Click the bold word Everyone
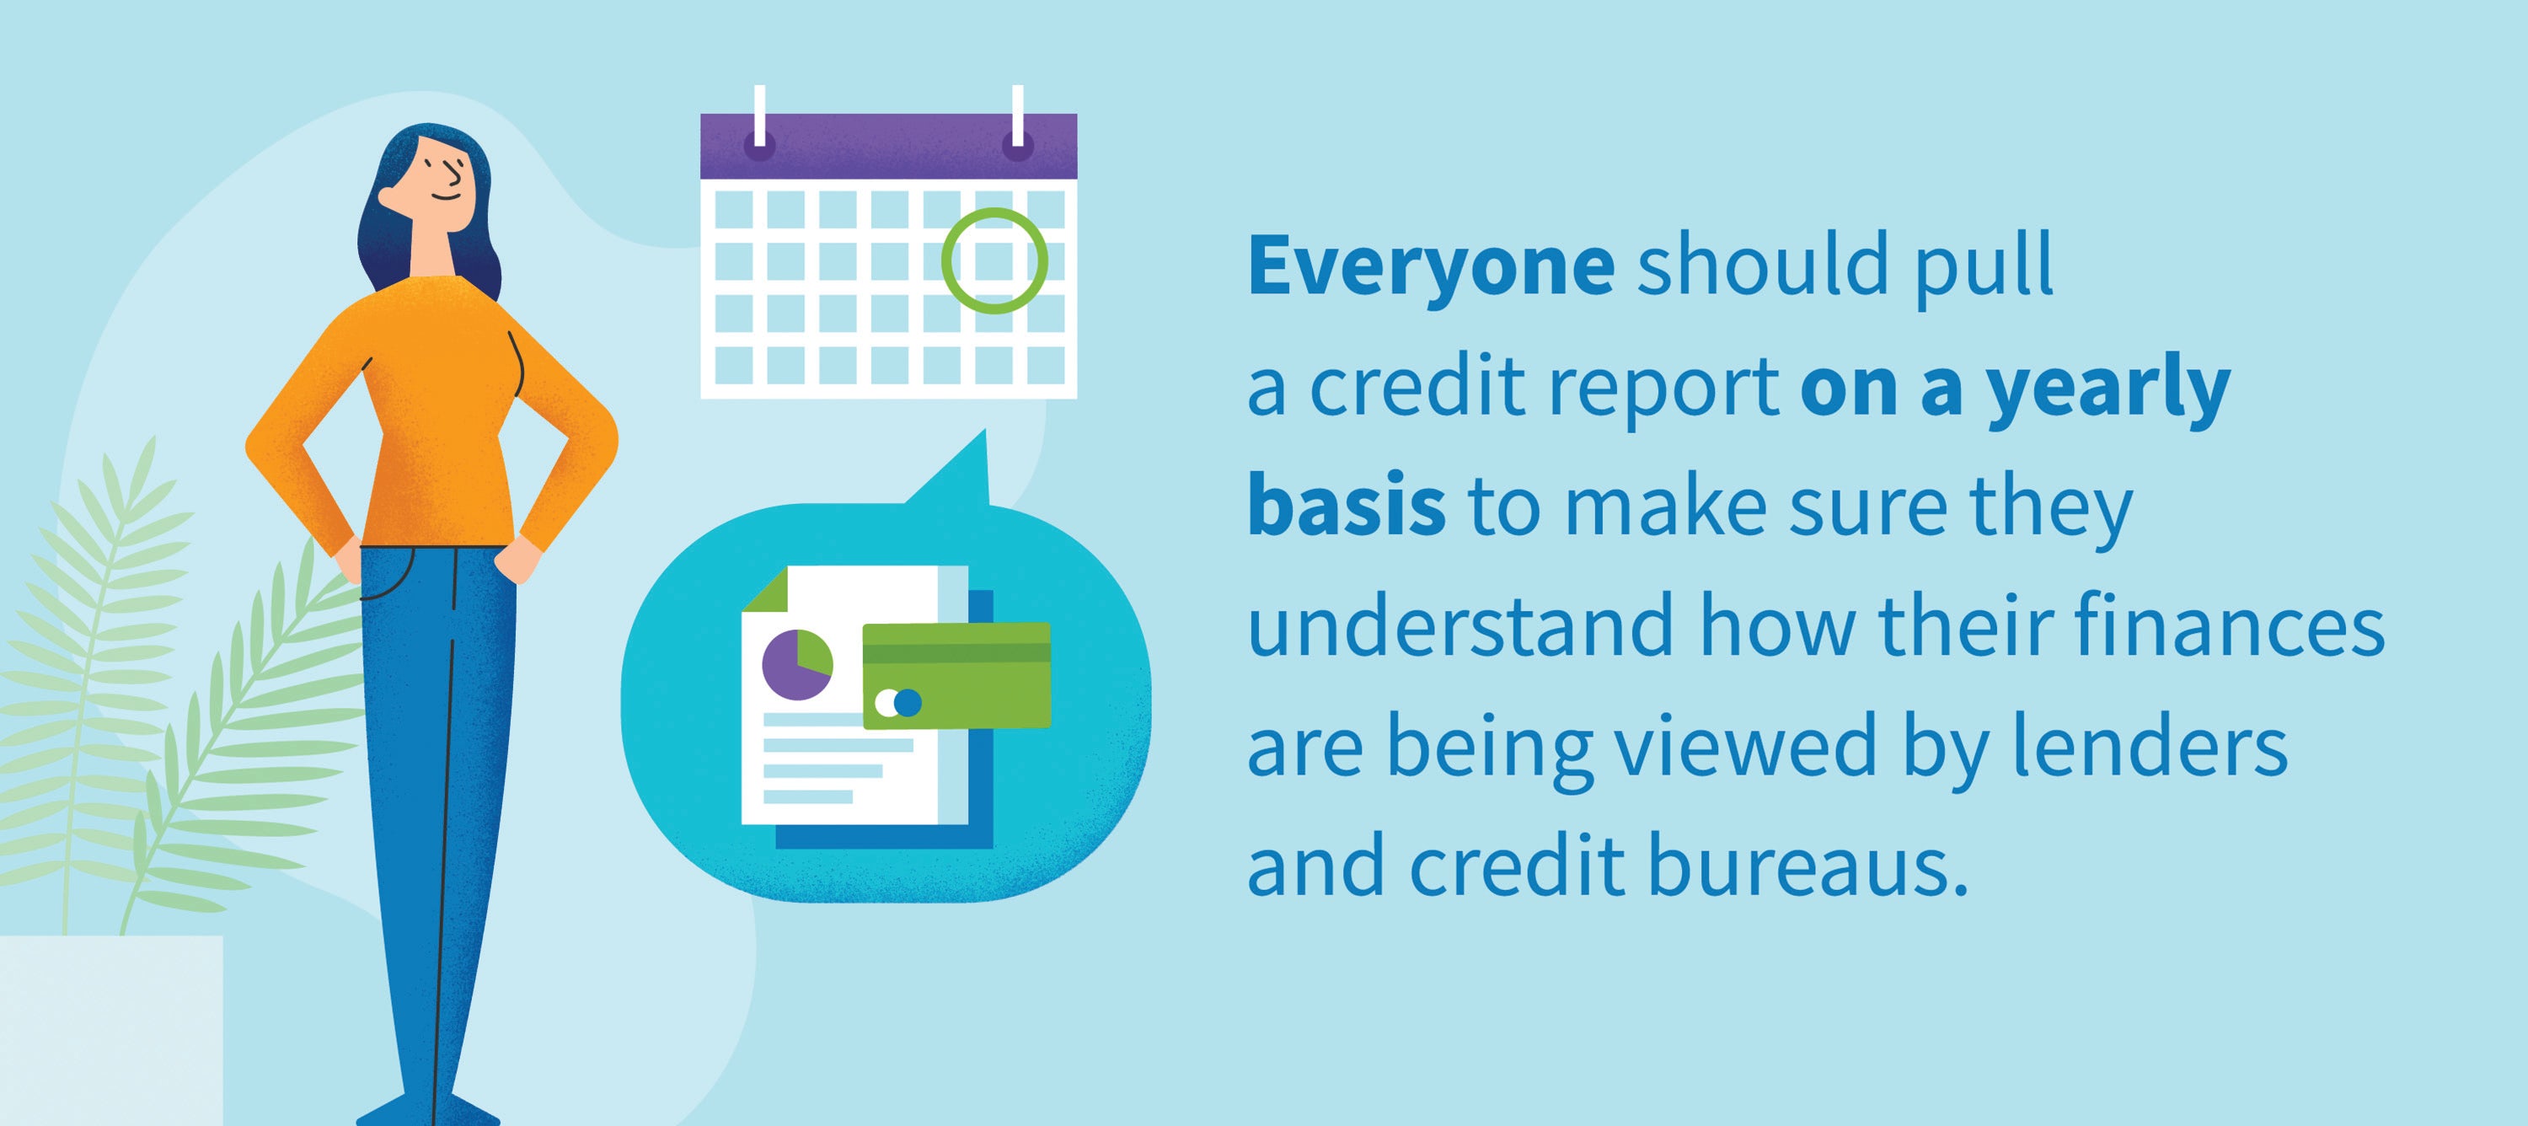(1431, 267)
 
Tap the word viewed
(1746, 748)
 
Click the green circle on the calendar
(994, 261)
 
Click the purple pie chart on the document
(797, 665)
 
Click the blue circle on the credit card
(908, 703)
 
